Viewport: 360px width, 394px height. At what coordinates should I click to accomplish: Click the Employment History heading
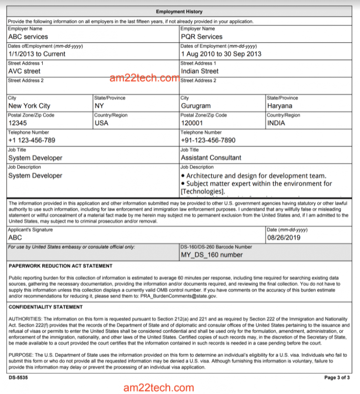click(x=179, y=11)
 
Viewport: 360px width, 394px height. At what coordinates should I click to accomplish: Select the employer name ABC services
click(x=28, y=37)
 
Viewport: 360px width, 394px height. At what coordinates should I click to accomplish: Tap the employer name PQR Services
click(x=202, y=37)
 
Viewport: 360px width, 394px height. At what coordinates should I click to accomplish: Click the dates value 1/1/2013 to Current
click(x=37, y=54)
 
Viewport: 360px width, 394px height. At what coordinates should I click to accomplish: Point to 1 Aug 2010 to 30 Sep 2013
click(x=221, y=54)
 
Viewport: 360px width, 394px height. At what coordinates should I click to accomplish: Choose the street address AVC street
click(x=24, y=71)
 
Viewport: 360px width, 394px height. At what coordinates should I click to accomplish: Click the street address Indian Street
click(x=200, y=71)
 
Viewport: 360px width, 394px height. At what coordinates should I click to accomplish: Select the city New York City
click(x=29, y=106)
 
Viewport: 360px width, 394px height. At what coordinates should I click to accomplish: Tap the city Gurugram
click(x=196, y=106)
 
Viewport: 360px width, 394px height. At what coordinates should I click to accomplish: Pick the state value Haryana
click(x=280, y=106)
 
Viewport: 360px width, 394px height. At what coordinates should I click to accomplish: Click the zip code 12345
click(x=18, y=123)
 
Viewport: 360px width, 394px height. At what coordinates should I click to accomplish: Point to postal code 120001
click(x=193, y=123)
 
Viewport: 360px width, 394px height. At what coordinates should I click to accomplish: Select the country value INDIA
click(x=276, y=123)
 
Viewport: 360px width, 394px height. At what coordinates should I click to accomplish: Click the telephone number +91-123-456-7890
click(x=208, y=140)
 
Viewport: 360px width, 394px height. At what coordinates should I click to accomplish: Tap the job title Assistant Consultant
click(x=211, y=158)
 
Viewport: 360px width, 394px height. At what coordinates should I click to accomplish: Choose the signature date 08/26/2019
click(x=283, y=238)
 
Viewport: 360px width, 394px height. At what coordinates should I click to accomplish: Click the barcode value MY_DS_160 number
click(x=212, y=255)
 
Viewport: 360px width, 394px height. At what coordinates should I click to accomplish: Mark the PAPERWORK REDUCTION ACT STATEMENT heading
click(x=60, y=266)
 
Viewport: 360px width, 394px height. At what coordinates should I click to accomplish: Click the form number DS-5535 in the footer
click(x=18, y=377)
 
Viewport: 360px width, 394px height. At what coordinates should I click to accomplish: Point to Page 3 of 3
click(x=337, y=377)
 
